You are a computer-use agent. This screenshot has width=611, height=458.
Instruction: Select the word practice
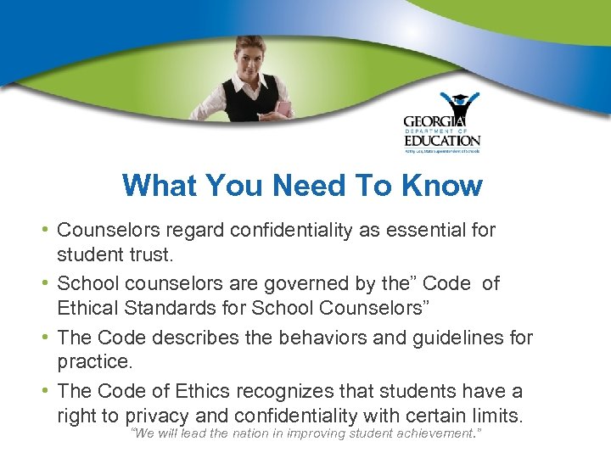click(x=95, y=361)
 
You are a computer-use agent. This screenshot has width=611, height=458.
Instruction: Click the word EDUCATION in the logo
click(x=441, y=140)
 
